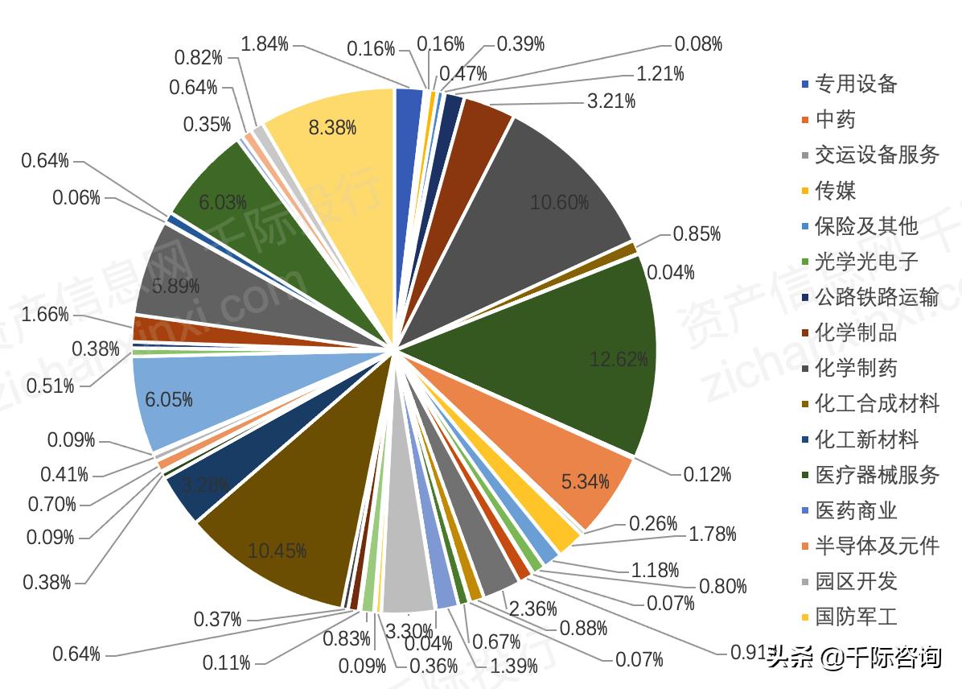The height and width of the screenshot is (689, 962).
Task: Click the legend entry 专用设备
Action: pos(856,84)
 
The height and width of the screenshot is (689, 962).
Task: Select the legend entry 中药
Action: pos(836,119)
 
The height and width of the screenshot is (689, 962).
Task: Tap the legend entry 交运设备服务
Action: pos(877,155)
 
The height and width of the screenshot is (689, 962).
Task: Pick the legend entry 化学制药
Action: pos(856,369)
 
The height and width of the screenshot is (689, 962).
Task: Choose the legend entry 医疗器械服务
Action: pos(877,475)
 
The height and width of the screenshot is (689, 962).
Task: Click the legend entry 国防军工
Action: pos(856,617)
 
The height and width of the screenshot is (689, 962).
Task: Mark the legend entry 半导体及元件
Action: pos(877,547)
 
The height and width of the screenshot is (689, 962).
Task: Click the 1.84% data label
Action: pos(265,43)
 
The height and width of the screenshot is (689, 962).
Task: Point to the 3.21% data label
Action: pos(611,101)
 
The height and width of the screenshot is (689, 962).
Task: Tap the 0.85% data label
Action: pos(697,234)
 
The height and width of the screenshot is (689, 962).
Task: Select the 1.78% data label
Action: pos(713,534)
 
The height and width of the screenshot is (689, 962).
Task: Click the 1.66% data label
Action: pos(45,315)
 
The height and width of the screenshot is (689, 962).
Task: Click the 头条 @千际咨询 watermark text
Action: pos(854,658)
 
